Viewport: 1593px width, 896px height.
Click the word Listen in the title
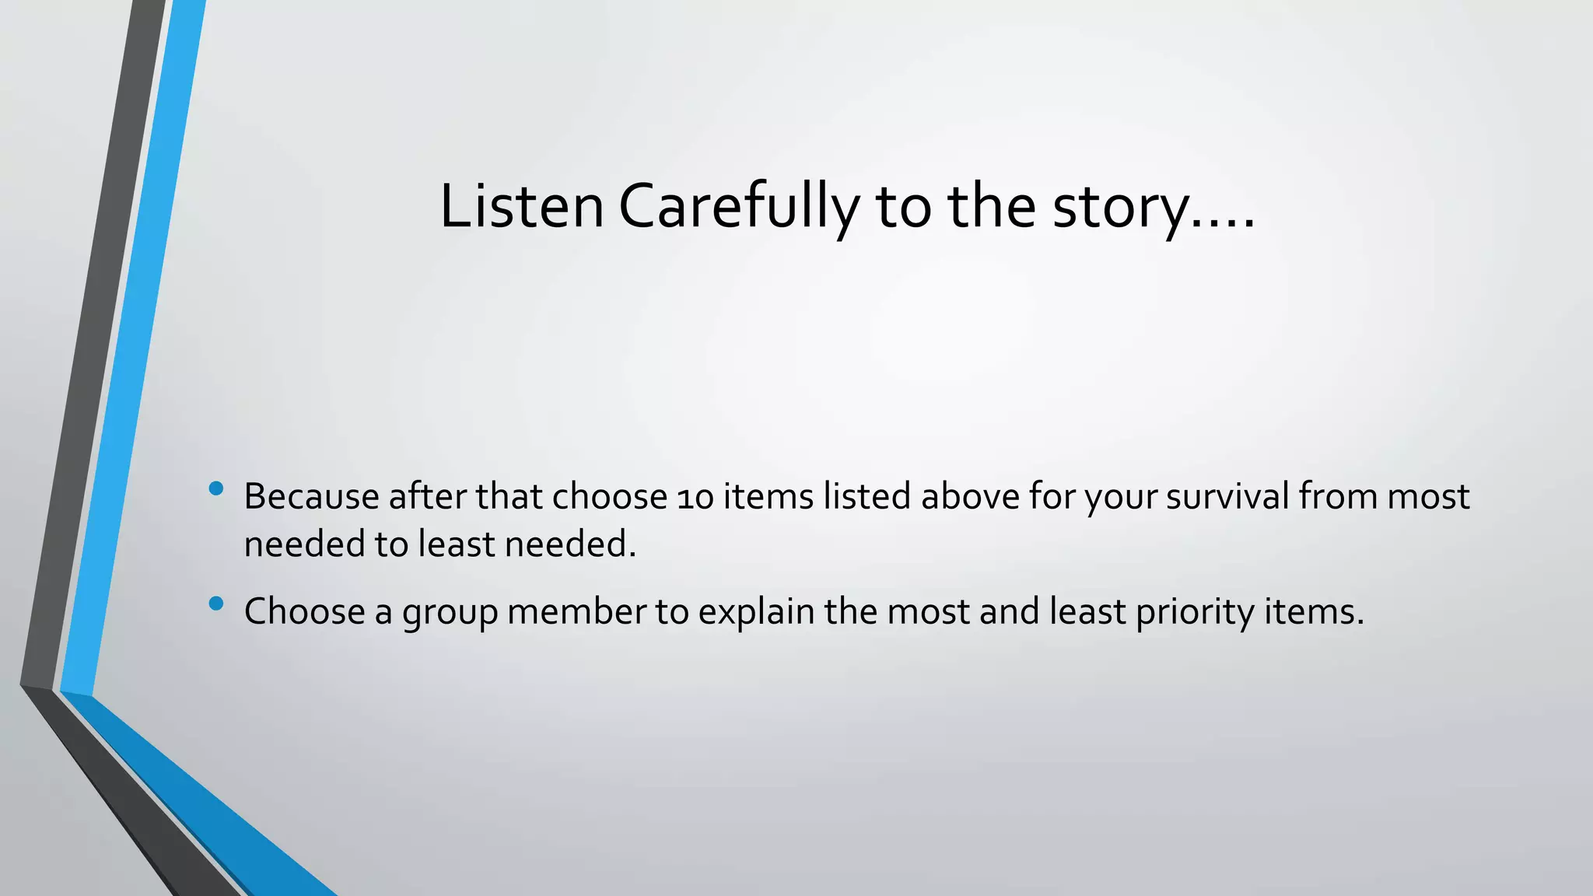click(x=521, y=207)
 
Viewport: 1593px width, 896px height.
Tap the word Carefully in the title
click(x=739, y=207)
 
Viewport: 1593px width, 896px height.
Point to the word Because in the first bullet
click(x=311, y=496)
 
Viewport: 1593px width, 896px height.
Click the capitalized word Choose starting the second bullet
click(x=304, y=611)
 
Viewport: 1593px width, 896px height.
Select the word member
click(x=576, y=611)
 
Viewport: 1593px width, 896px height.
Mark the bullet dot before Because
click(x=216, y=488)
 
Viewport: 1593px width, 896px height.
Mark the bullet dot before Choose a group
click(x=216, y=603)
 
